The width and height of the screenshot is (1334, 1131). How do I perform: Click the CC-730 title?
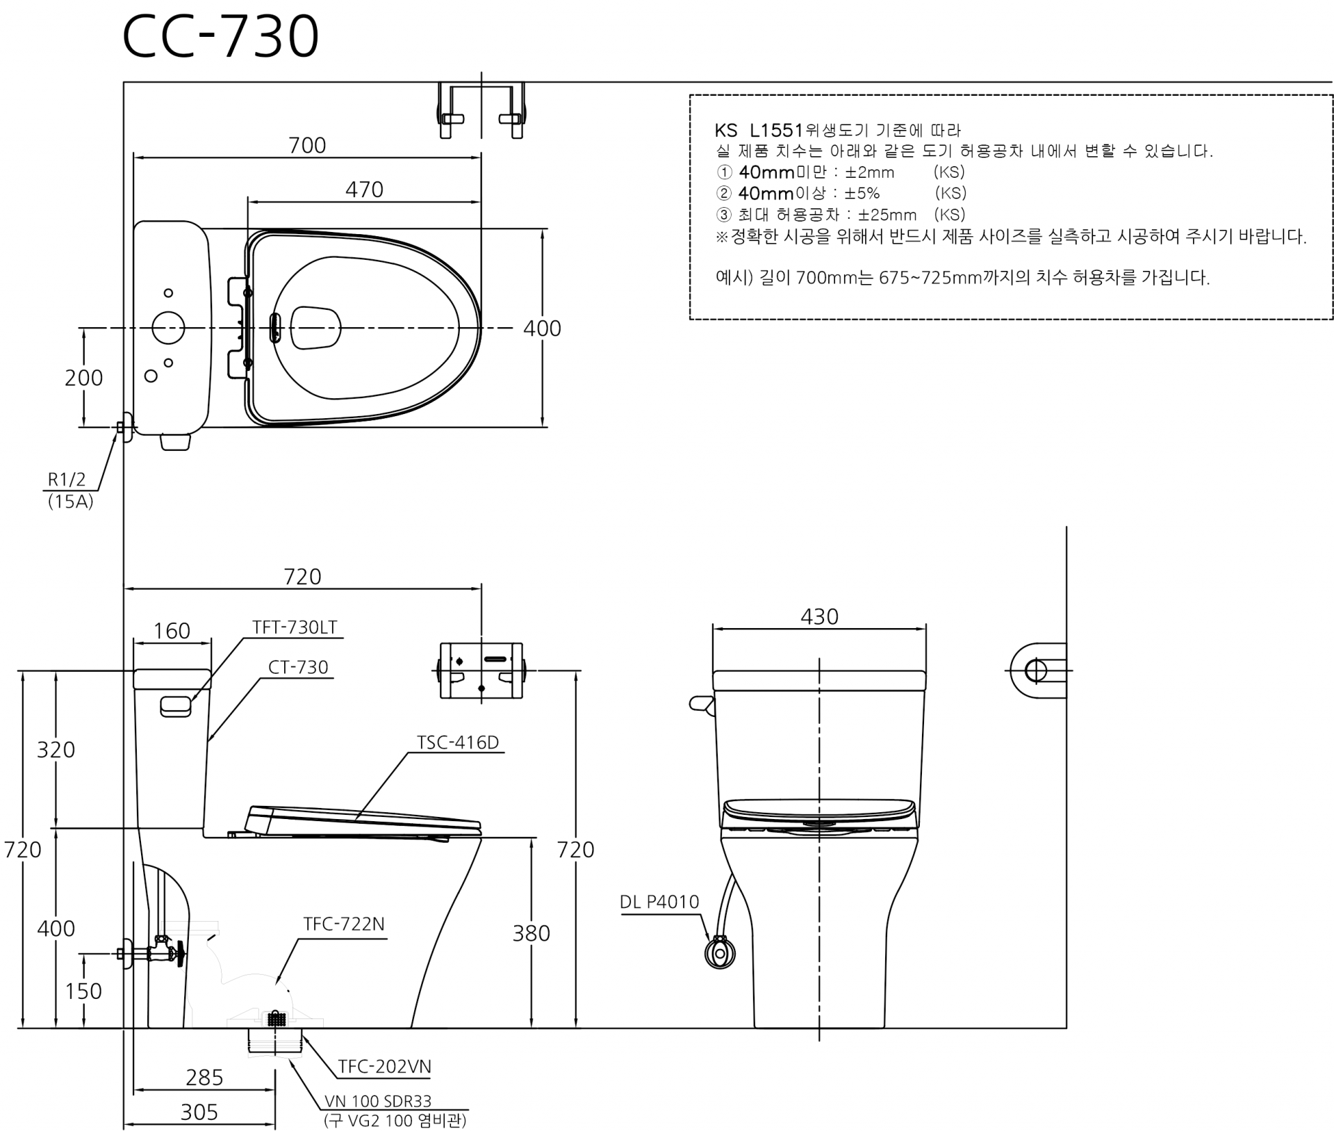[x=220, y=36]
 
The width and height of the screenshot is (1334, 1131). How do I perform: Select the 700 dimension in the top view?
[x=307, y=145]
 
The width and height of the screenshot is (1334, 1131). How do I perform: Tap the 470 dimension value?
[x=364, y=190]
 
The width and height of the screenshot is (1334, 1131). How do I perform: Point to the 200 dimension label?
[x=83, y=378]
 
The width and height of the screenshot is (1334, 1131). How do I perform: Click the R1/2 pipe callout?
[x=67, y=479]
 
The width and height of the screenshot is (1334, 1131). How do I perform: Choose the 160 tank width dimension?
[x=172, y=631]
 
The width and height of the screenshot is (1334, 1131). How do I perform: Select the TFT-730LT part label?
[x=295, y=627]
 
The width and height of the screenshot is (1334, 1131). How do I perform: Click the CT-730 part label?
[x=298, y=667]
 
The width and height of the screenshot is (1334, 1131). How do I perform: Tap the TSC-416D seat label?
[x=458, y=743]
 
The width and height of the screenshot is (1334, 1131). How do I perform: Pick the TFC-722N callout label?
[x=344, y=924]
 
